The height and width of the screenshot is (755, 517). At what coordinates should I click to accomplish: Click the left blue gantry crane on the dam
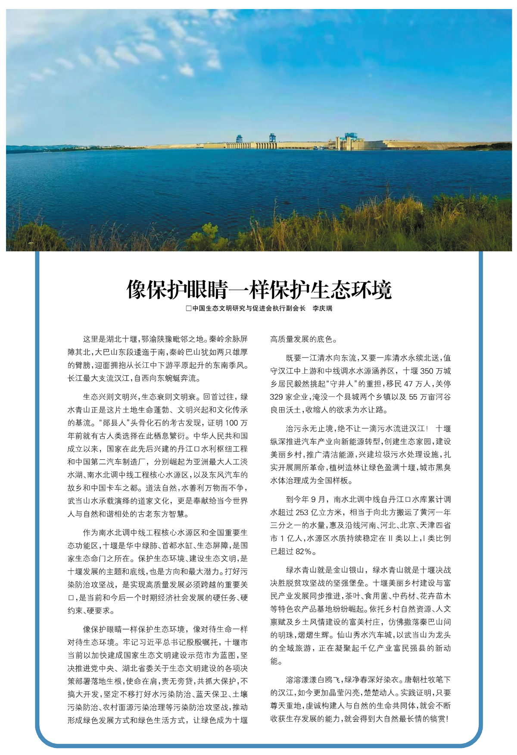pos(239,139)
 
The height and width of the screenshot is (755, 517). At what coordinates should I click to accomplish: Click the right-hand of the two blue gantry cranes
pos(272,138)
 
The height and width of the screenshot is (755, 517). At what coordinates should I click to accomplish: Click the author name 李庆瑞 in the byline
pos(322,308)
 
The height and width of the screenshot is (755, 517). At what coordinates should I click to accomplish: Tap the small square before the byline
pos(188,309)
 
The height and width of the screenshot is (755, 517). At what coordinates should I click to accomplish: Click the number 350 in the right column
pos(427,371)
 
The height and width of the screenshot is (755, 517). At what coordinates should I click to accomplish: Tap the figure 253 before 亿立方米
pos(302,512)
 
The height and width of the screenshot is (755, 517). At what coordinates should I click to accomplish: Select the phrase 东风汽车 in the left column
pos(232,475)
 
